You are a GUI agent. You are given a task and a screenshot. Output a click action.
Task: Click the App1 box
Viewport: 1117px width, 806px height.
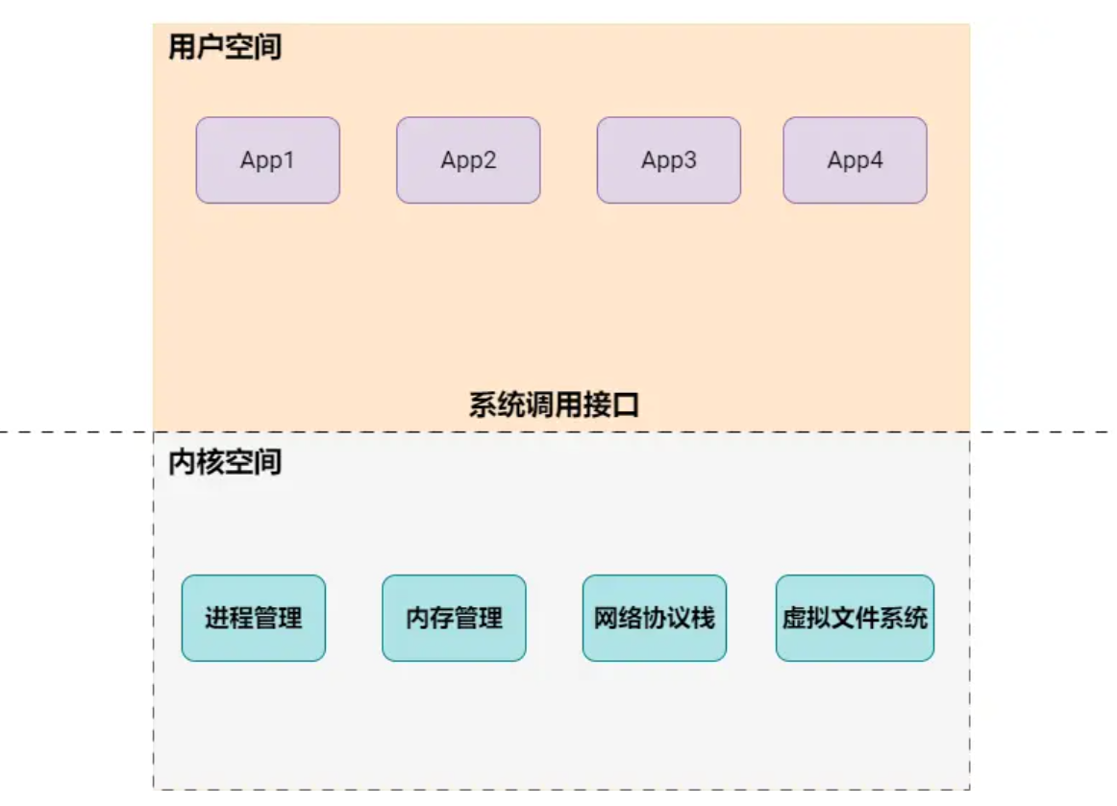coord(267,160)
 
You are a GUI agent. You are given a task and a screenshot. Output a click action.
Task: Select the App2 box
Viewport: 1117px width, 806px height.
coord(468,160)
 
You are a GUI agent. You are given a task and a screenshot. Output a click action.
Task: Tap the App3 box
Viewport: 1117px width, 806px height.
coord(668,160)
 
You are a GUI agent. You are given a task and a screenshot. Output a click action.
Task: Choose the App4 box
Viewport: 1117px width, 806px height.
coord(855,160)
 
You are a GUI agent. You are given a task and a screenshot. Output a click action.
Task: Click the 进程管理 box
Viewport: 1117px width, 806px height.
coord(253,618)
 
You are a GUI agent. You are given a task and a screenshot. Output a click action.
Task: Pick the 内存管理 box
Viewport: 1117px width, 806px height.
coord(454,618)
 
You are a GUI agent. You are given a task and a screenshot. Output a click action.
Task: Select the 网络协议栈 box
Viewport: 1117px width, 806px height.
coord(654,618)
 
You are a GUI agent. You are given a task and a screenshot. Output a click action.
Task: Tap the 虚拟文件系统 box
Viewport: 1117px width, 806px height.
coord(855,618)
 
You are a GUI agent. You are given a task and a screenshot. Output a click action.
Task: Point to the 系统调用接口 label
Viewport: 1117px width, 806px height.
coord(554,405)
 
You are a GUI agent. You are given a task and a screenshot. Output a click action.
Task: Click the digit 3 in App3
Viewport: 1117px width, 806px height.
coord(689,160)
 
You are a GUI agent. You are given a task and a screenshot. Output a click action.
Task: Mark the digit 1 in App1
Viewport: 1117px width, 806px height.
coord(288,160)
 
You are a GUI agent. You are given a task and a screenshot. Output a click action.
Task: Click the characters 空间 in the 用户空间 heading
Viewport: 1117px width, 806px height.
coord(253,47)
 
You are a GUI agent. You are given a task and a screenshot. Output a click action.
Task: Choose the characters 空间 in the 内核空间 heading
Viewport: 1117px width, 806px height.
coord(253,462)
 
